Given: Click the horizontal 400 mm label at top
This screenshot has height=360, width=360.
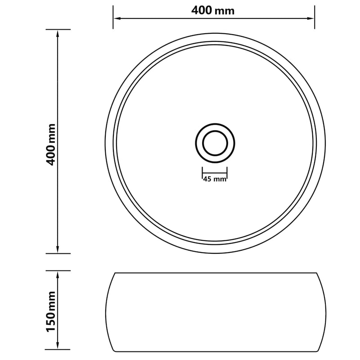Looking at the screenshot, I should [213, 11].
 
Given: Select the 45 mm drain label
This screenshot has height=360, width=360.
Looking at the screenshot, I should [214, 179].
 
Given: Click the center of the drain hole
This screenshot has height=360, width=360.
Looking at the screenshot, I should [215, 144].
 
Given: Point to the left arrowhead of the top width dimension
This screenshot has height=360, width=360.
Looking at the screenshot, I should [116, 18].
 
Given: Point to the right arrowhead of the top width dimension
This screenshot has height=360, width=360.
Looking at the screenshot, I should [311, 18].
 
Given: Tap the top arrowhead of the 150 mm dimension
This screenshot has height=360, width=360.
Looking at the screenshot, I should [58, 274].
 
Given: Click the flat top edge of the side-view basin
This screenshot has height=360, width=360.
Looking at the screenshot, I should [215, 273].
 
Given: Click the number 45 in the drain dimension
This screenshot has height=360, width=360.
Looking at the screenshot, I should [207, 179].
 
